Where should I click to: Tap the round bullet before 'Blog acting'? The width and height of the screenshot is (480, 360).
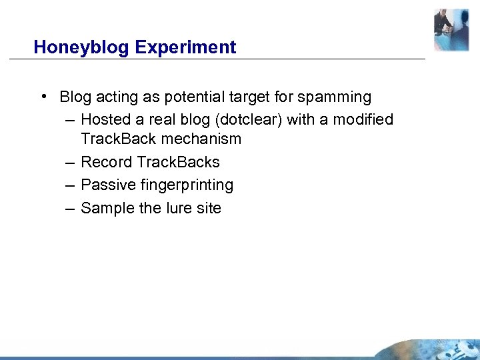tap(43, 97)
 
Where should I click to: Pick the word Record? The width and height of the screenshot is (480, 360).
tap(106, 162)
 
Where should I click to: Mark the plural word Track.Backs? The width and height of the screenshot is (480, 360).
tap(178, 162)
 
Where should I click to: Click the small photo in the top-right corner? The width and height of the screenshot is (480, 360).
tap(451, 30)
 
